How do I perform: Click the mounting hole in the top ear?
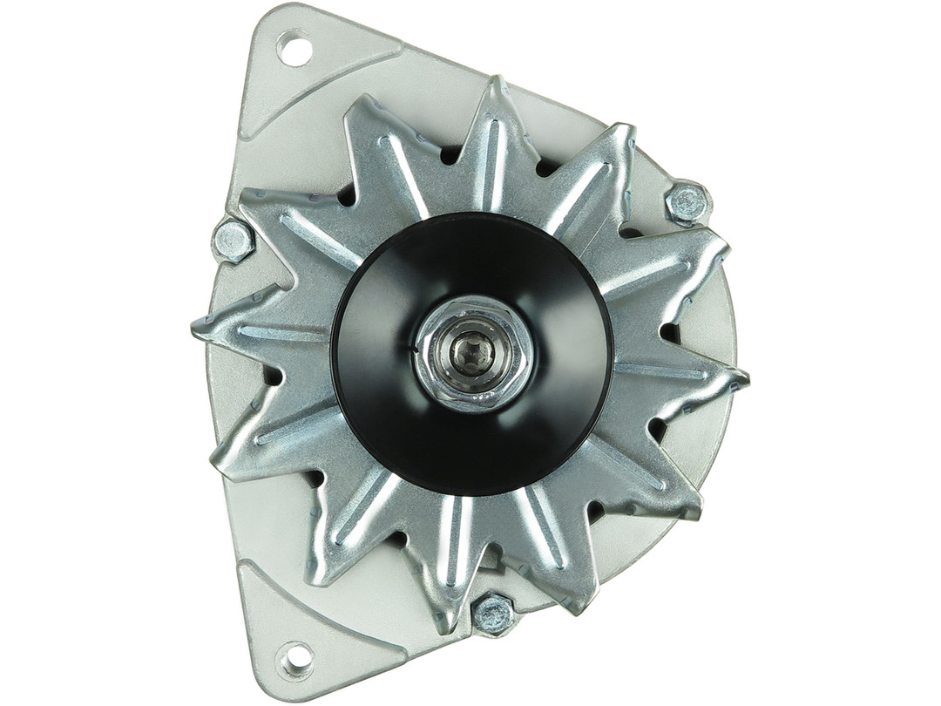click(294, 47)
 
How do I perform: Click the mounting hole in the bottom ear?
click(294, 659)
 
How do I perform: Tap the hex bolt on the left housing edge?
click(233, 240)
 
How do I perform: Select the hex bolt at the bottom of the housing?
click(493, 614)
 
